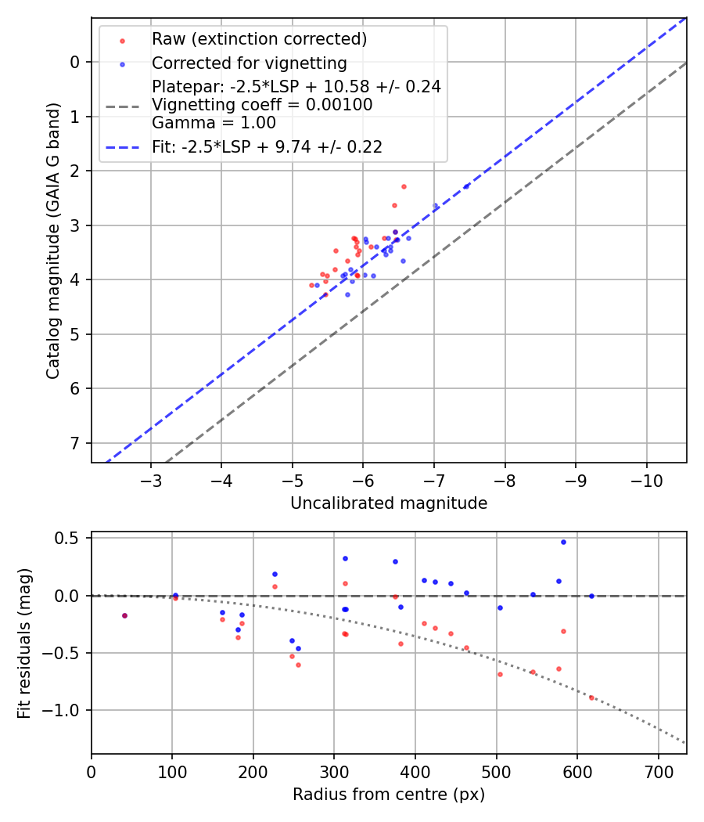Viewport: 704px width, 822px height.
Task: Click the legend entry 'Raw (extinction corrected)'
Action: pyautogui.click(x=259, y=39)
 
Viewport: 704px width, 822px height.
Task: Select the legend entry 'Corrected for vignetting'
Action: pyautogui.click(x=250, y=63)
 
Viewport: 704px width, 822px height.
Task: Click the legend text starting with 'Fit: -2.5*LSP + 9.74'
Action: pyautogui.click(x=267, y=146)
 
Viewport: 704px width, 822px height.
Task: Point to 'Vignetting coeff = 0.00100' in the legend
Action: pyautogui.click(x=262, y=104)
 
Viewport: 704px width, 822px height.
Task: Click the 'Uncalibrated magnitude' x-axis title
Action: pyautogui.click(x=389, y=503)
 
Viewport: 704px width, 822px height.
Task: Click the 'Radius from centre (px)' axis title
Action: pyautogui.click(x=389, y=795)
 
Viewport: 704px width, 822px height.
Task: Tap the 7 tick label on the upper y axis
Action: pyautogui.click(x=75, y=443)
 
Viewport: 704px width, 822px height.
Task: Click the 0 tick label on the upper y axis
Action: pyautogui.click(x=75, y=62)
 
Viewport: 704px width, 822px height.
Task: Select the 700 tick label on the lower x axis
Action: pyautogui.click(x=658, y=771)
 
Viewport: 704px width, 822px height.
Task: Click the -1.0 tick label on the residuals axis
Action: pyautogui.click(x=65, y=710)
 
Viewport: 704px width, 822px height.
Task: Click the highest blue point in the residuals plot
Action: pyautogui.click(x=563, y=542)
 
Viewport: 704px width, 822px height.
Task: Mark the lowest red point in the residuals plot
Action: pyautogui.click(x=591, y=698)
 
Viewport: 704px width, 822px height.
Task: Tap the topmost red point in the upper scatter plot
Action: pyautogui.click(x=404, y=186)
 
